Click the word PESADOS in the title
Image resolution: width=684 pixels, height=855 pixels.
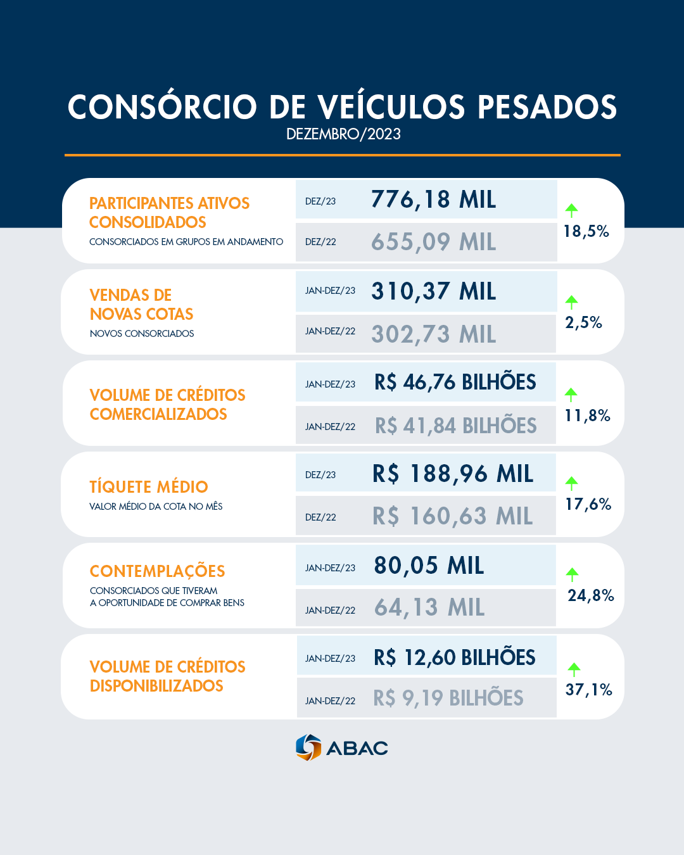click(547, 107)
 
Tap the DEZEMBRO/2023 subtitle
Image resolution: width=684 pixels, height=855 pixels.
click(343, 134)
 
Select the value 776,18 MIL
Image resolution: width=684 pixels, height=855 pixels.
click(433, 199)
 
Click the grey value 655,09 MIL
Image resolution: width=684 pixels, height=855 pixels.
click(433, 242)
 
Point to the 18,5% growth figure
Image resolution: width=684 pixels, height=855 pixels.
click(586, 232)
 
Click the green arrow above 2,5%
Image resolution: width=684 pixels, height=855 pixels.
click(572, 301)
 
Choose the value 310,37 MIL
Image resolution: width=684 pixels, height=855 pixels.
click(433, 291)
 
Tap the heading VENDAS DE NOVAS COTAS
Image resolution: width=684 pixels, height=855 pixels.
click(141, 305)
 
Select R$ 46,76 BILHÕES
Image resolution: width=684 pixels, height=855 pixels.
click(455, 383)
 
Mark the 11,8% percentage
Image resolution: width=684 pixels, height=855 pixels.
click(587, 416)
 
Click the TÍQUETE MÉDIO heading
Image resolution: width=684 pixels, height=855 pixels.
click(149, 487)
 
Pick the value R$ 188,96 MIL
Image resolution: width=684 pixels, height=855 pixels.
click(452, 474)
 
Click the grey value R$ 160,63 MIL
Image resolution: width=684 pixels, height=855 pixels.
click(452, 516)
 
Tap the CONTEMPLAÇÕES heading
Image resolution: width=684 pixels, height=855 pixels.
click(157, 571)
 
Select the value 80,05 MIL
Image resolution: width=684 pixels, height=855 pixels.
click(429, 566)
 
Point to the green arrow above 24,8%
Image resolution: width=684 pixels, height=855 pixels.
click(572, 574)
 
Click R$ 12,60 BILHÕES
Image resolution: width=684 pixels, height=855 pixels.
click(454, 658)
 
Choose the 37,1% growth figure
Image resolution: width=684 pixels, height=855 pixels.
click(588, 690)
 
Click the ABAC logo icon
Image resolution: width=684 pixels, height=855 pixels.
click(308, 747)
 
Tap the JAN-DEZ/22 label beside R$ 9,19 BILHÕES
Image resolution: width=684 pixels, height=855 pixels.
click(330, 701)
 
